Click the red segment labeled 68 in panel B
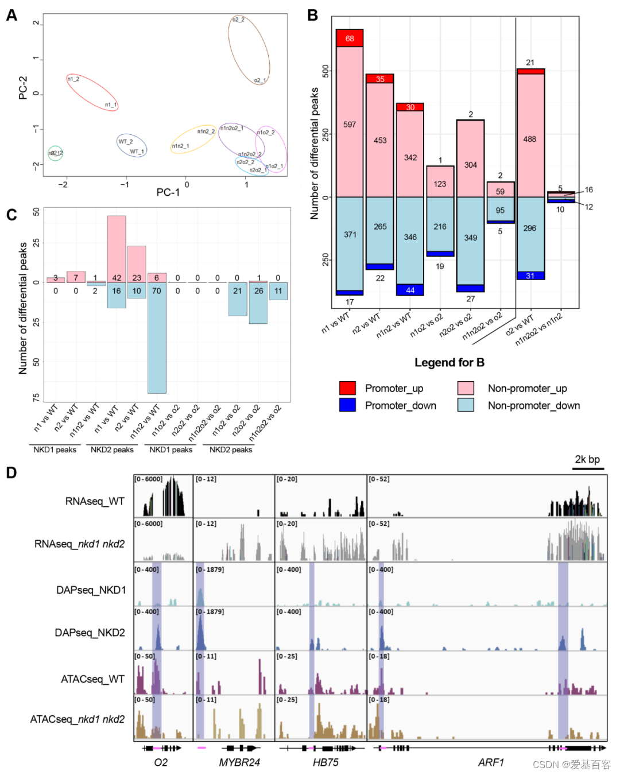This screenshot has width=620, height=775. click(350, 38)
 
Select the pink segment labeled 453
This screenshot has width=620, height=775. click(380, 140)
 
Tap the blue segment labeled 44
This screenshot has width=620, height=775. click(410, 290)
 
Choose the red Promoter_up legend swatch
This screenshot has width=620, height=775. click(347, 388)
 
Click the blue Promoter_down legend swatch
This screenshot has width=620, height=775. click(347, 405)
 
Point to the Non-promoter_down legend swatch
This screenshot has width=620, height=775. click(466, 405)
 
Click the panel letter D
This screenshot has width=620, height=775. click(11, 473)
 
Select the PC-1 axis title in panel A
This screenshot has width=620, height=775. click(168, 192)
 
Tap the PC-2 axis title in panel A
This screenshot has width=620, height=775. click(24, 88)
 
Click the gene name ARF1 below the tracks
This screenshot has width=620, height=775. click(491, 762)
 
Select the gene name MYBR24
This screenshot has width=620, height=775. click(239, 762)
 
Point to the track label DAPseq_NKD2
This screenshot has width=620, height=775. click(90, 633)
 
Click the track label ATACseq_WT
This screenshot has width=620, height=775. click(92, 679)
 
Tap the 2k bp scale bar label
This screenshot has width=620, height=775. click(587, 459)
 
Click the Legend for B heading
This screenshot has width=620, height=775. click(449, 363)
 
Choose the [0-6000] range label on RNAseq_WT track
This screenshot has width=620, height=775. click(148, 479)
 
